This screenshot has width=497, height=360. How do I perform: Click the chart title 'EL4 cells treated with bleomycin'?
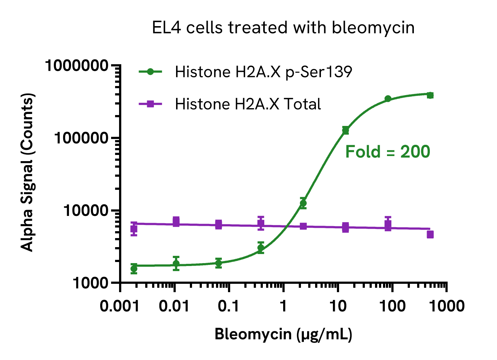[x=283, y=28]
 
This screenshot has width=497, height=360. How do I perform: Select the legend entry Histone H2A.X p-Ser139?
[x=263, y=72]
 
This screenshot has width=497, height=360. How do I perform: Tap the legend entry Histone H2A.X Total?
[x=248, y=104]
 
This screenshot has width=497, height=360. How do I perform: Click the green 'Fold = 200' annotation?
[x=387, y=152]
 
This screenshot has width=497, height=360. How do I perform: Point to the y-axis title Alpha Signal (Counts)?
[x=27, y=172]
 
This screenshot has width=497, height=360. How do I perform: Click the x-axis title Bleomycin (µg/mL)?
[x=283, y=334]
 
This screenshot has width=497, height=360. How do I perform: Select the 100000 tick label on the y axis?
[x=81, y=138]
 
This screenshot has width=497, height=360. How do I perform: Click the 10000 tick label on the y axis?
[x=86, y=210]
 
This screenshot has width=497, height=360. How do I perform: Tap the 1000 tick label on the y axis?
[x=90, y=283]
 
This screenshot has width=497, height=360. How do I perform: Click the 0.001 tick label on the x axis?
[x=120, y=306]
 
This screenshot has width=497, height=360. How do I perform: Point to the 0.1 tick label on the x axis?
[x=229, y=306]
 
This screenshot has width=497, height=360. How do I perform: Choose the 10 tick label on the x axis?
[x=338, y=306]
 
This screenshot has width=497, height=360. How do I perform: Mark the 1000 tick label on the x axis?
[x=446, y=306]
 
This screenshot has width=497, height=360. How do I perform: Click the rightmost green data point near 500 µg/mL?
[x=430, y=95]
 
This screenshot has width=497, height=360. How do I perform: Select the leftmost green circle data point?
[x=134, y=269]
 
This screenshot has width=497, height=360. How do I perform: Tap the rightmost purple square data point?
[x=430, y=234]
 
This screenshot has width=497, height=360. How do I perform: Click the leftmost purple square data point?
[x=134, y=229]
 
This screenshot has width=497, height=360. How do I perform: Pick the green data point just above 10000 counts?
[x=303, y=203]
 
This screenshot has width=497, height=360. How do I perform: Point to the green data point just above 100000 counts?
[x=346, y=130]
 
